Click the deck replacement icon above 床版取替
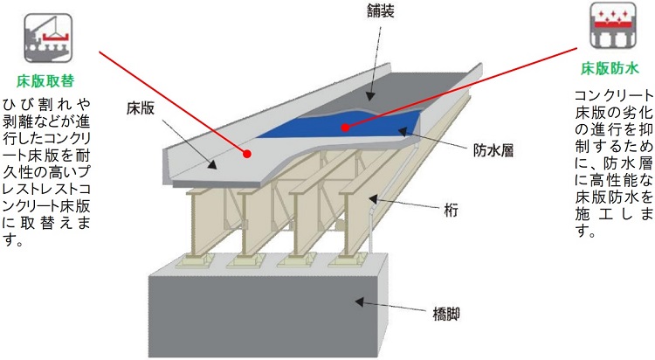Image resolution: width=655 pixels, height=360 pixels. pyautogui.click(x=38, y=33)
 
